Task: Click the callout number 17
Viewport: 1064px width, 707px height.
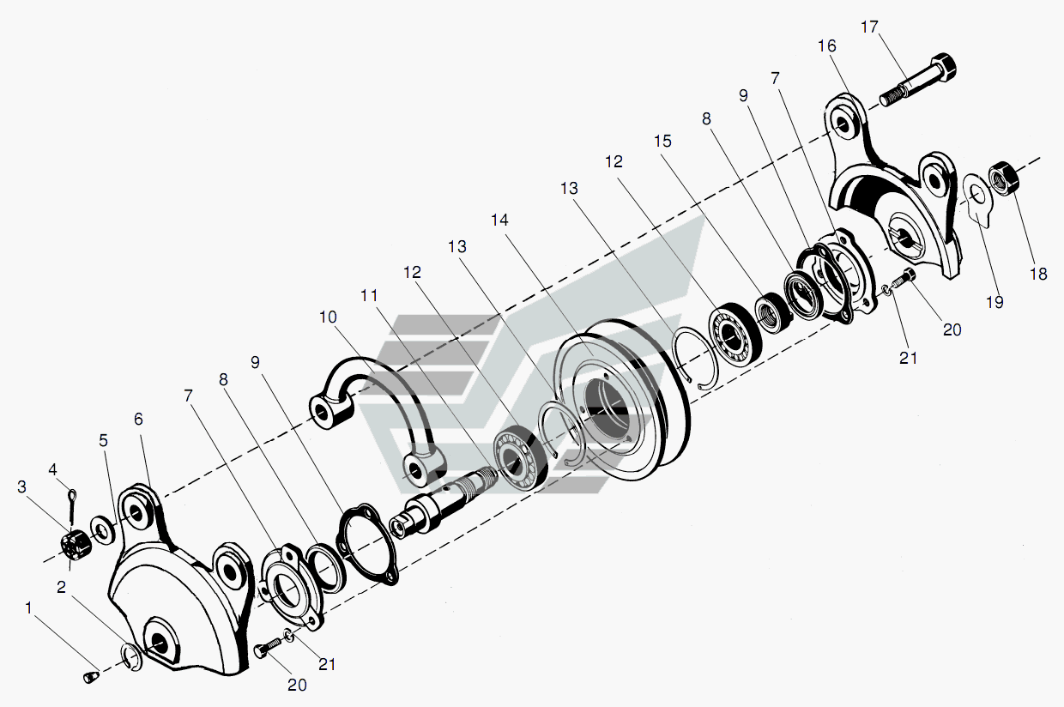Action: tap(869, 27)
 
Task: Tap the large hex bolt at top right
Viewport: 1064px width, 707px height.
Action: tap(918, 81)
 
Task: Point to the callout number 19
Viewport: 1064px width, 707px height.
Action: tap(994, 302)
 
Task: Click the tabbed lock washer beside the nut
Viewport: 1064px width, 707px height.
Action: tap(977, 199)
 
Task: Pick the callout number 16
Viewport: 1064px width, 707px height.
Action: tap(826, 46)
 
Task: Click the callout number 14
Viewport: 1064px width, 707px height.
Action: tap(499, 220)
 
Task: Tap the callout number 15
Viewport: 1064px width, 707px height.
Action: tap(662, 141)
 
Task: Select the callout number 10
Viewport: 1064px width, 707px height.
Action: tap(328, 317)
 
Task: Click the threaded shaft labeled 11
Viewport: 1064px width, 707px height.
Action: tap(444, 505)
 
